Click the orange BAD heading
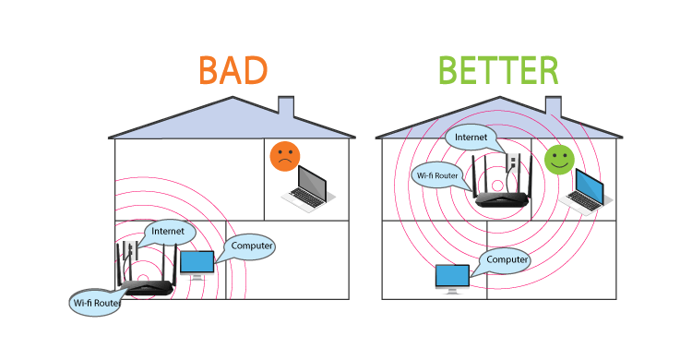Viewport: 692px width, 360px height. tap(233, 70)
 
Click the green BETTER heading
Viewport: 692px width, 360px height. tap(497, 70)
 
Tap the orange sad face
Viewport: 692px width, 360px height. tap(285, 157)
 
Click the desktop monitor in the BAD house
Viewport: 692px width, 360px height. tap(196, 265)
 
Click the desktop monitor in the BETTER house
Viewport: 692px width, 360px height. tap(451, 277)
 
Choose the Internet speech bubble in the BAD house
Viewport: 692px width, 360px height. tap(168, 231)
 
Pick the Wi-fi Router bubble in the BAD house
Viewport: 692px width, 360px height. tap(96, 301)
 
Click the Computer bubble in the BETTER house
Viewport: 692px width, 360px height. tap(507, 260)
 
